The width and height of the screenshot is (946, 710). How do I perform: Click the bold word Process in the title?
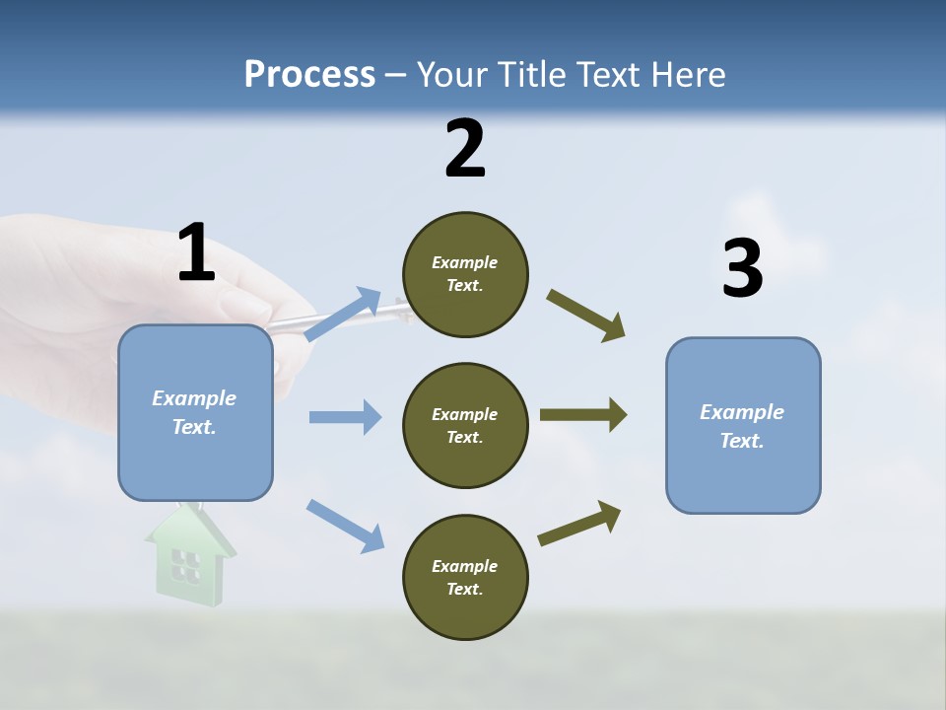(x=309, y=75)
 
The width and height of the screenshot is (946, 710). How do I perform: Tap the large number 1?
(x=196, y=252)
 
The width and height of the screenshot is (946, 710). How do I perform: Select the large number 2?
(x=465, y=149)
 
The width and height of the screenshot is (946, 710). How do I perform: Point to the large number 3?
(x=742, y=268)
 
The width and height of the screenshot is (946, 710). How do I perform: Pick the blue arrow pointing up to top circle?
(x=343, y=314)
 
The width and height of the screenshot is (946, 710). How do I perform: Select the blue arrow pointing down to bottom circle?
(x=345, y=525)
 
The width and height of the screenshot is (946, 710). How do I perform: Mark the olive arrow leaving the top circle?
(x=586, y=316)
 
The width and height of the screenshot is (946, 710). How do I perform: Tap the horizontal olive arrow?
(x=583, y=415)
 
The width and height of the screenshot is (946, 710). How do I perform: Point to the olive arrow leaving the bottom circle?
(x=579, y=524)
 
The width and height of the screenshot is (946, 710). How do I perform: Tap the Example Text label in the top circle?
(x=465, y=274)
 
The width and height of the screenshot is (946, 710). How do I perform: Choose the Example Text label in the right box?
(x=742, y=426)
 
